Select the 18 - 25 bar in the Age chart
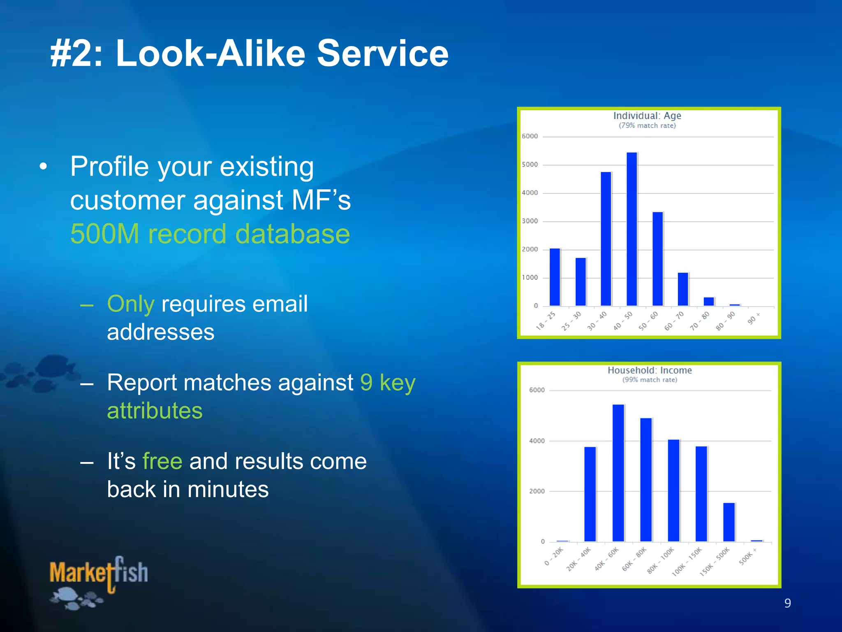click(x=555, y=277)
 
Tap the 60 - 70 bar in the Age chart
click(x=683, y=289)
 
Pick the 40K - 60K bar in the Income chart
click(x=618, y=473)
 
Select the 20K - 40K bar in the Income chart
click(x=590, y=494)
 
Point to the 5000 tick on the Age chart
click(x=530, y=165)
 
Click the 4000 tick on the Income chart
click(x=537, y=441)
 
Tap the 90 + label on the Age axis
click(x=754, y=318)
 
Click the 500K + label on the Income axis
click(x=747, y=557)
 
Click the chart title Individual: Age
click(x=647, y=116)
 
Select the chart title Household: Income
click(x=650, y=370)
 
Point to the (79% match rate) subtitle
click(x=647, y=125)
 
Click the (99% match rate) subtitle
click(x=650, y=380)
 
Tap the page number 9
click(x=787, y=603)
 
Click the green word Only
click(x=131, y=304)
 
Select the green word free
click(x=162, y=461)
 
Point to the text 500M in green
click(x=105, y=234)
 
